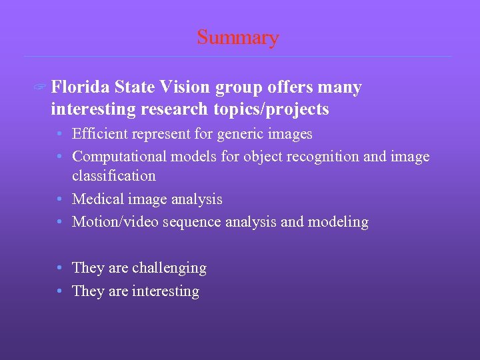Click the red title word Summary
tap(237, 37)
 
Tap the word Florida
tap(80, 87)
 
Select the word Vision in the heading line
tap(182, 87)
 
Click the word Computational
tap(119, 157)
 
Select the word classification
tap(114, 176)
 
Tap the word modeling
tap(338, 222)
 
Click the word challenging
tap(169, 268)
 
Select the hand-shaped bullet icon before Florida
tap(41, 88)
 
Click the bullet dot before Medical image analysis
tap(60, 199)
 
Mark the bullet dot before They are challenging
tap(60, 268)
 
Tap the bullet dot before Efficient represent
tap(60, 134)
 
